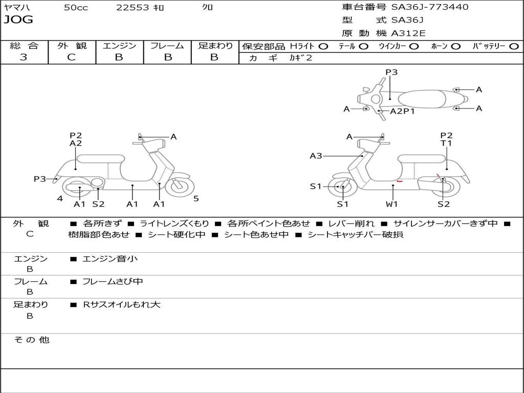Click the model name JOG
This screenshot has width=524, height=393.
(18, 20)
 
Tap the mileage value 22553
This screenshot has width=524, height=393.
(133, 7)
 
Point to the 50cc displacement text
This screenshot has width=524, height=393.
(76, 7)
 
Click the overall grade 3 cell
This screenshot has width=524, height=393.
(24, 57)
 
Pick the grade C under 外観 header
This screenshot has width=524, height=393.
(72, 57)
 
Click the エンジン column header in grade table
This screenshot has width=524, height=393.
(119, 46)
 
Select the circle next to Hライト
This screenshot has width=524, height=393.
(323, 46)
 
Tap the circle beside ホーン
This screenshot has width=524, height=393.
(455, 46)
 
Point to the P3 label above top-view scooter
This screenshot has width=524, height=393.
(391, 72)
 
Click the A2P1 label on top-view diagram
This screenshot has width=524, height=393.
(402, 111)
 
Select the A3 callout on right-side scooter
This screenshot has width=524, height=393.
(316, 156)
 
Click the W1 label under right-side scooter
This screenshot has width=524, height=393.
(392, 204)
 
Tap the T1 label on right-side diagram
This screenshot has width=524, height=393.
(446, 143)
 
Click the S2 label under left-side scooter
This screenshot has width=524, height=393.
(98, 204)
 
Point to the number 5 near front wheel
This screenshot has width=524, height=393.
(196, 199)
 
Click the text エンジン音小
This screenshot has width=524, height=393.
(110, 259)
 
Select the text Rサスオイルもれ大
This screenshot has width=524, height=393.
(122, 304)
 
